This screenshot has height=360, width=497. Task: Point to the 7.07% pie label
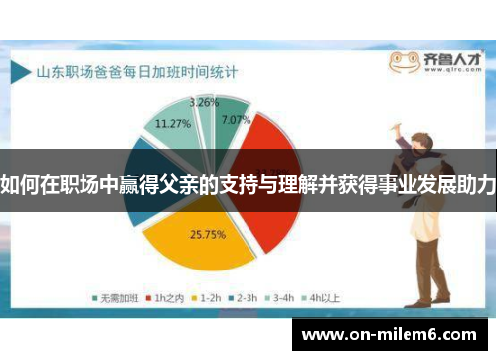[236, 121]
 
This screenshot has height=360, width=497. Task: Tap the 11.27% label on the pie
[173, 124]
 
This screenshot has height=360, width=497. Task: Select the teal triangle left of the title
[21, 72]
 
